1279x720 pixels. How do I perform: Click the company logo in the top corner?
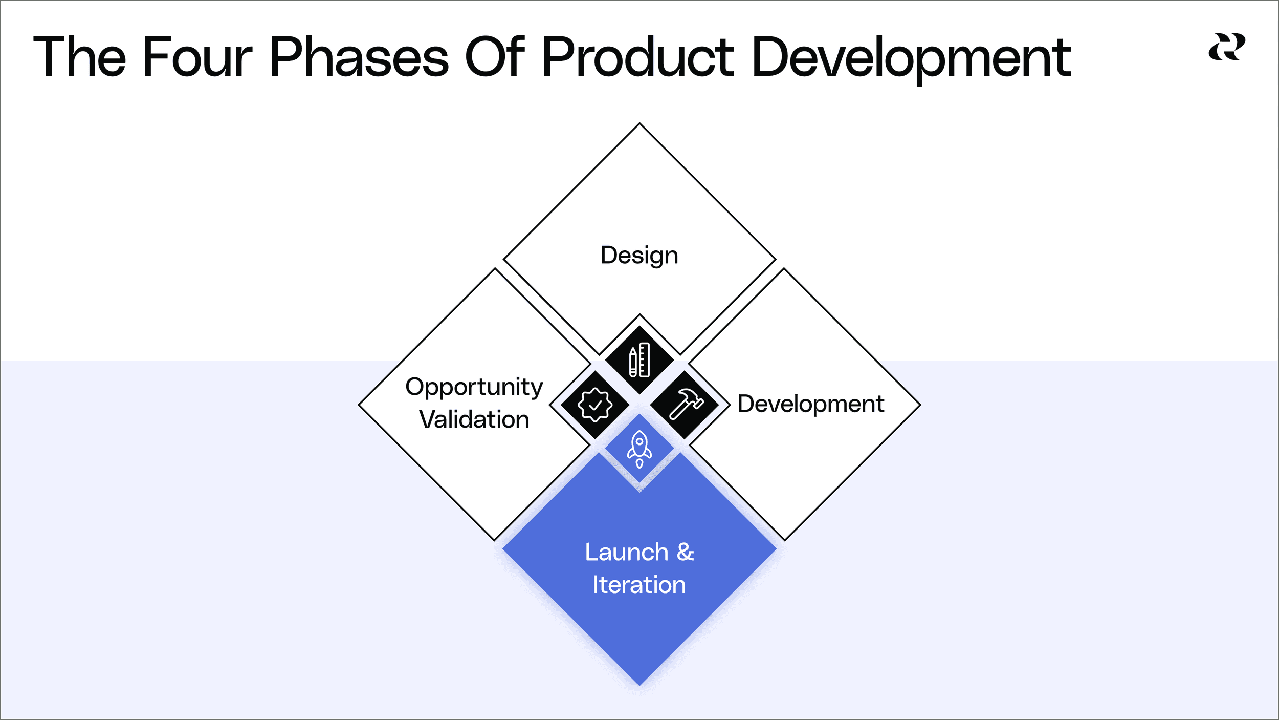tap(1227, 47)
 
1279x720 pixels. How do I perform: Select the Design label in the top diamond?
tap(639, 255)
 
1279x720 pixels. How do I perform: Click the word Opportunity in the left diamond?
tap(474, 387)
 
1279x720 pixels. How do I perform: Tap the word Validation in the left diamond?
tap(474, 419)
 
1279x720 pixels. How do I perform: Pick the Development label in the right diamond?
tap(810, 404)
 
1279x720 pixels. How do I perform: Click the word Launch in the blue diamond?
tap(626, 553)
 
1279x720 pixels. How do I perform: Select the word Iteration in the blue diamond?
tap(639, 585)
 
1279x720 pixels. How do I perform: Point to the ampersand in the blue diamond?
tap(685, 553)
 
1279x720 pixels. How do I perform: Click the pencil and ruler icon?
tap(639, 360)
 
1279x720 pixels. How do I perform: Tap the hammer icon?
tap(685, 404)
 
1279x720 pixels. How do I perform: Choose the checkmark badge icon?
tap(594, 405)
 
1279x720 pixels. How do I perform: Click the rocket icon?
tap(639, 449)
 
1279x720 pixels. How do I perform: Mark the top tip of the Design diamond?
tap(639, 124)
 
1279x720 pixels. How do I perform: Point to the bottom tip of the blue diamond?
tap(639, 684)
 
